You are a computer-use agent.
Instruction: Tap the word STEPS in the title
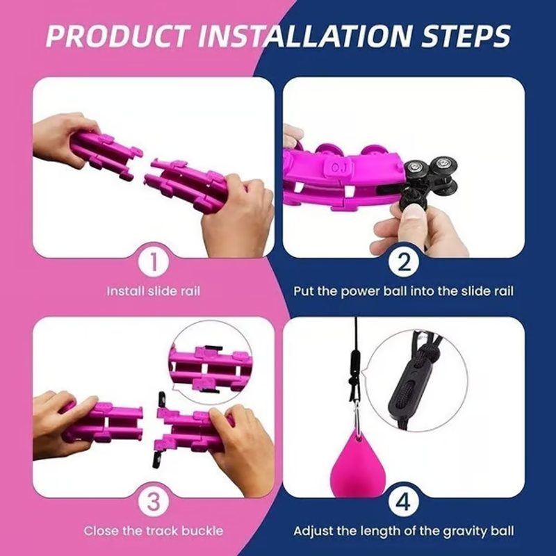[x=466, y=36]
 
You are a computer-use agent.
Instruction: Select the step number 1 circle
[x=154, y=263]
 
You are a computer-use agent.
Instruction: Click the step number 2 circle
[x=404, y=263]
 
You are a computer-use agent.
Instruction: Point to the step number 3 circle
[x=154, y=502]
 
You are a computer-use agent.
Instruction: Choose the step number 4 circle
[x=404, y=502]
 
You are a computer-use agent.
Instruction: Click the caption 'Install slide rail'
[x=154, y=291]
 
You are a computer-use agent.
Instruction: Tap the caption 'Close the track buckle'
[x=154, y=531]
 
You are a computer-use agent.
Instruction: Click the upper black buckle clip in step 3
[x=161, y=401]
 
